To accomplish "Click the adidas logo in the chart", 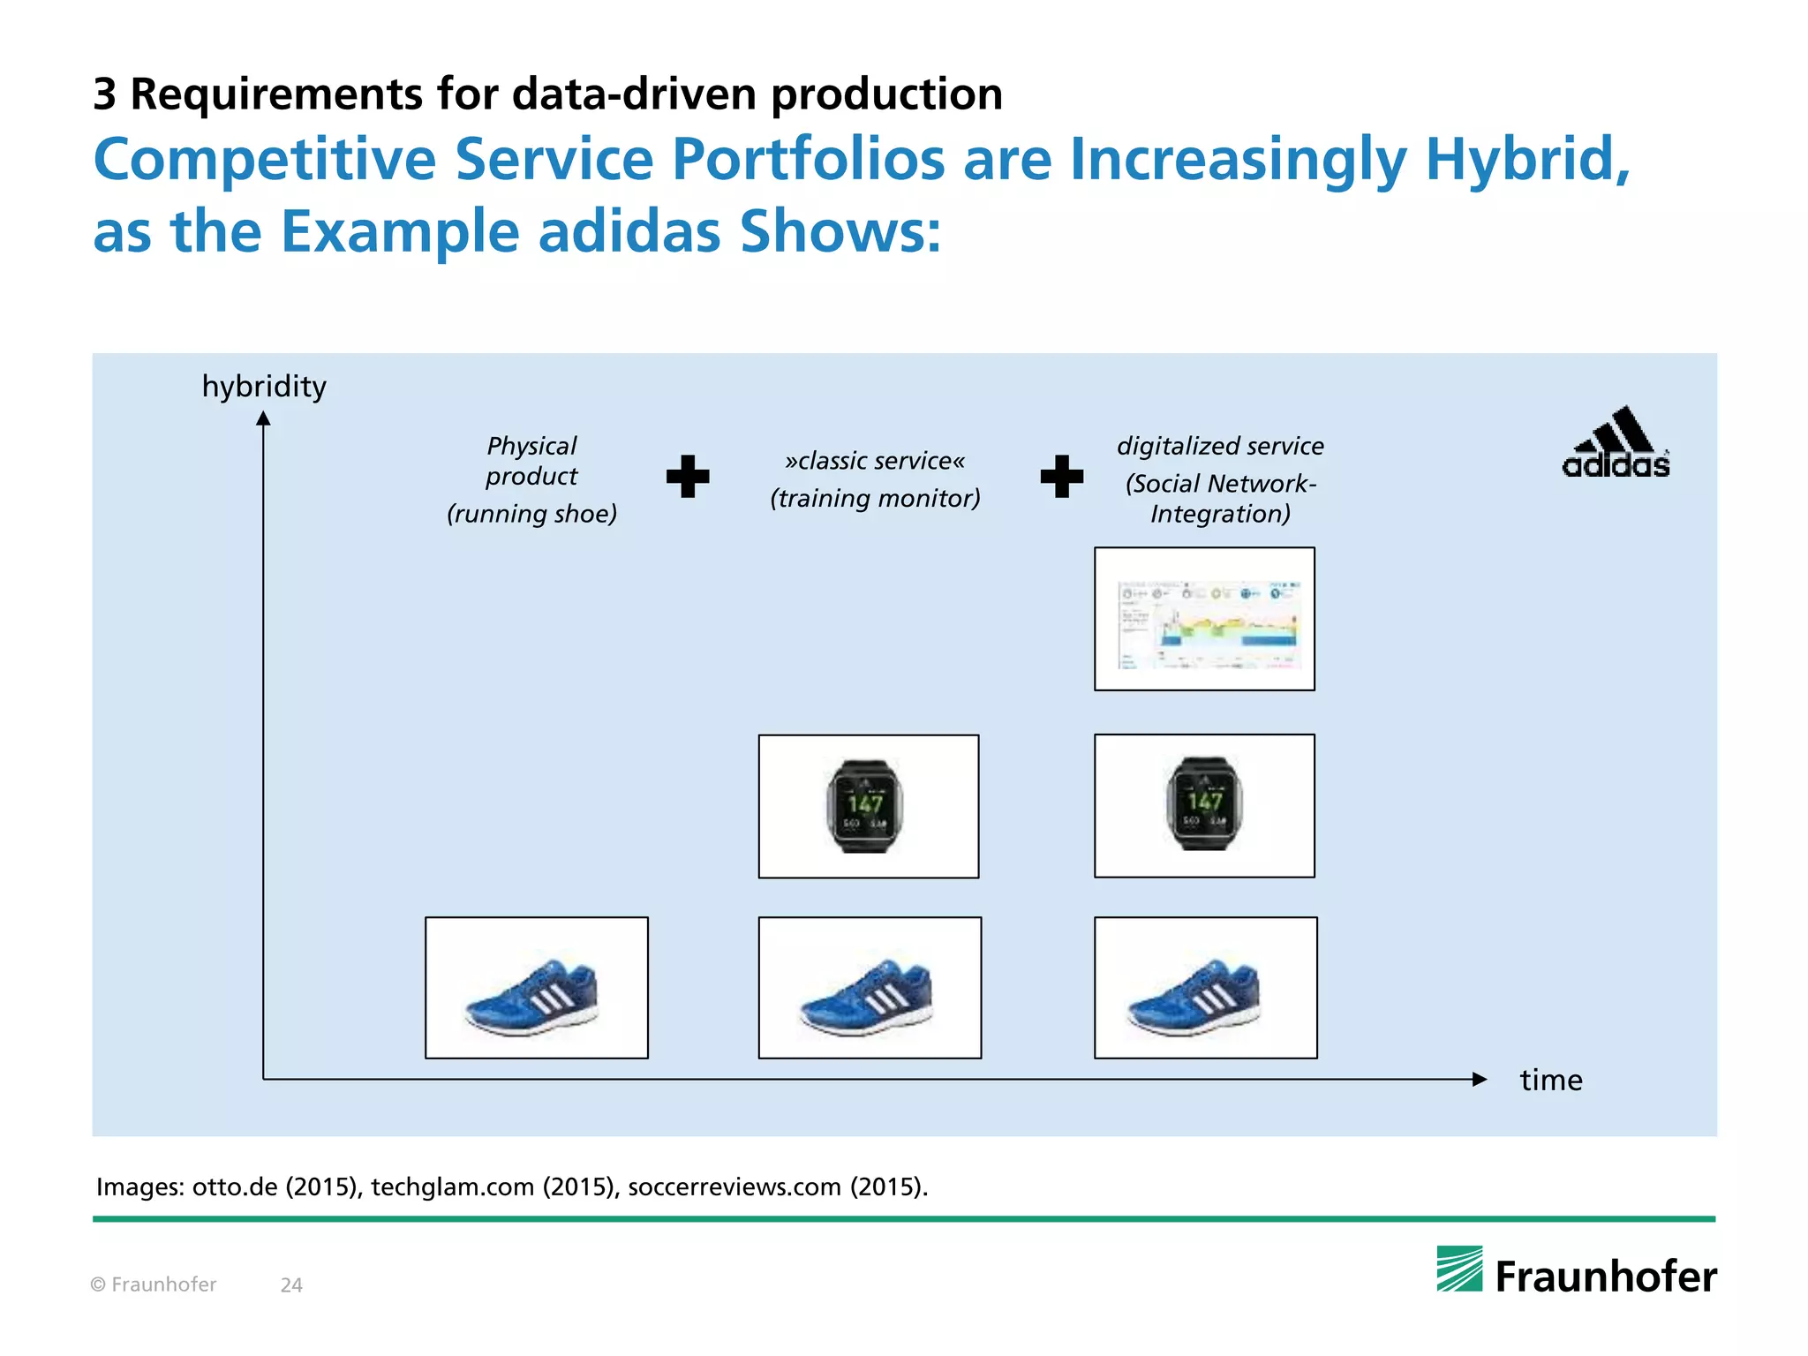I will [x=1616, y=444].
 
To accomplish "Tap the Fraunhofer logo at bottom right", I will [x=1577, y=1272].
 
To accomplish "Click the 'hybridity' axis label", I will [x=264, y=387].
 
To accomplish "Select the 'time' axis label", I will [x=1550, y=1081].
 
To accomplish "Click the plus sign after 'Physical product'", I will [x=688, y=477].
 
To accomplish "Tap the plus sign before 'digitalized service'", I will [x=1062, y=477].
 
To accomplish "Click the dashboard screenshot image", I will [x=1204, y=619].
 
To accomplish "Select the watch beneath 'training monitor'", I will [x=866, y=806].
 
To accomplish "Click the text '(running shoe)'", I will [x=531, y=514].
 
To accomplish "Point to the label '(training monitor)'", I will [x=875, y=499].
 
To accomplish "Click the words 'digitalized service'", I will [x=1220, y=446].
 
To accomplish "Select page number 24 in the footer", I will [x=291, y=1285].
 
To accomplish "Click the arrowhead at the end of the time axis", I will [x=1480, y=1079].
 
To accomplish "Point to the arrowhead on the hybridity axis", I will [x=263, y=418].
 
